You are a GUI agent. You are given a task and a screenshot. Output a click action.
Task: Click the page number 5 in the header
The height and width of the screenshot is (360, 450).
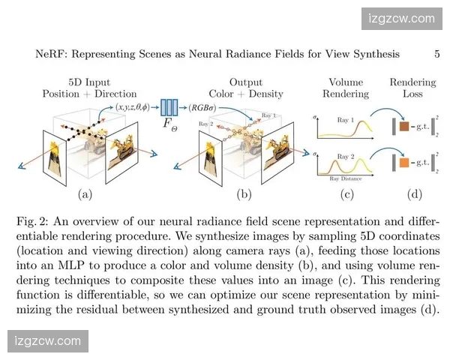415,54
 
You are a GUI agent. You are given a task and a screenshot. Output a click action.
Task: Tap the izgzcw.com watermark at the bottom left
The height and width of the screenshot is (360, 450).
46,341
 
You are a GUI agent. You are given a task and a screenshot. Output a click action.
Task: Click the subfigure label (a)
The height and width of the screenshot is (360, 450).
85,194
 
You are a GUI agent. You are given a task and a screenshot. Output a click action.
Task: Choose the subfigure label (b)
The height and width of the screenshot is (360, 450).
244,194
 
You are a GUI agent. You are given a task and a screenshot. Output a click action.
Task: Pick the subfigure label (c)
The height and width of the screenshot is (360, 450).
346,194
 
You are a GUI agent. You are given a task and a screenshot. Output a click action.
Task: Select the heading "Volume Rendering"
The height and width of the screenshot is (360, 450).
346,87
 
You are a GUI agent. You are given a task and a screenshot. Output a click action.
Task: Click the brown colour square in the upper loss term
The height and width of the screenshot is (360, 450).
403,127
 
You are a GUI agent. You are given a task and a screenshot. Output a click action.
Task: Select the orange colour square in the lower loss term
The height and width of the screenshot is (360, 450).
403,162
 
